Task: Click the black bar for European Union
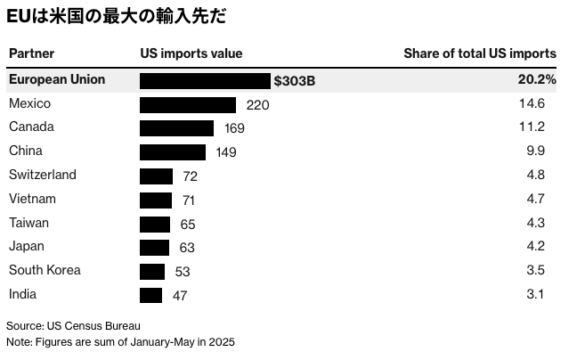pyautogui.click(x=205, y=80)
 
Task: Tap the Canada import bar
pyautogui.click(x=176, y=128)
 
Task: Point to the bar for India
pyautogui.click(x=151, y=295)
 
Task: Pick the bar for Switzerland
pyautogui.click(x=157, y=176)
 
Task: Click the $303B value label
pyautogui.click(x=295, y=81)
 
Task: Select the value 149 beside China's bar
pyautogui.click(x=226, y=152)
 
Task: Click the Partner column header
pyautogui.click(x=29, y=53)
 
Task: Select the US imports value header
pyautogui.click(x=191, y=53)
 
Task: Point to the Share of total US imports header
pyautogui.click(x=480, y=53)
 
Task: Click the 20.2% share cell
pyautogui.click(x=537, y=80)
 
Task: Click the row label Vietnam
pyautogui.click(x=32, y=199)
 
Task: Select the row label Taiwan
pyautogui.click(x=28, y=223)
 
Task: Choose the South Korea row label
pyautogui.click(x=45, y=270)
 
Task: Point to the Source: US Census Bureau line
pyautogui.click(x=73, y=325)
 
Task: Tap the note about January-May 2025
pyautogui.click(x=120, y=341)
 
